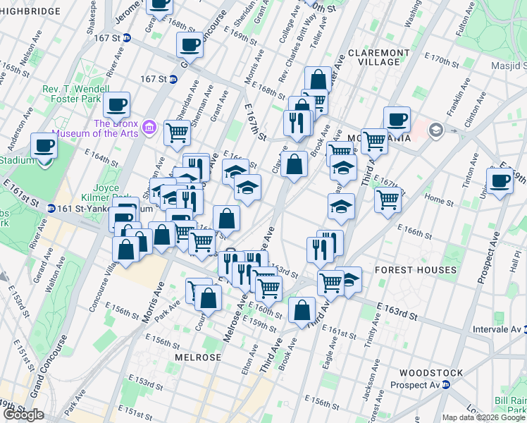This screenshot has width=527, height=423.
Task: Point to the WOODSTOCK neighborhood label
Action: click(430, 372)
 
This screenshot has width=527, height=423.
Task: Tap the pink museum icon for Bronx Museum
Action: click(149, 127)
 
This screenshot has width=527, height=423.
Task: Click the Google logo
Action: click(23, 415)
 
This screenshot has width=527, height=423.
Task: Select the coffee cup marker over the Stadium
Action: click(44, 146)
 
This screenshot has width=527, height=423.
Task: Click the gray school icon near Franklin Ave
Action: click(435, 129)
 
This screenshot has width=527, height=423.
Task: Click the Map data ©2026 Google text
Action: click(483, 417)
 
